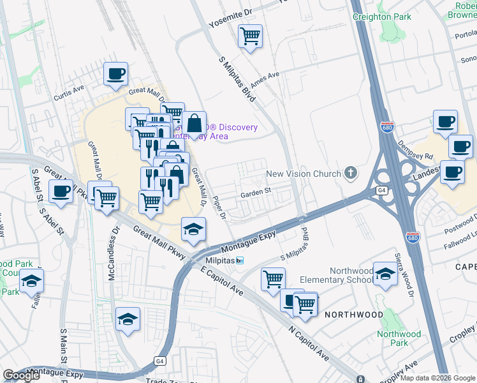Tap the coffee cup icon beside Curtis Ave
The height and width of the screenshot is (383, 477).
(x=116, y=73)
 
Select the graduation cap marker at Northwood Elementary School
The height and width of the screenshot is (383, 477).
(x=385, y=274)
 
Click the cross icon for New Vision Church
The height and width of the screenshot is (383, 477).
(x=350, y=172)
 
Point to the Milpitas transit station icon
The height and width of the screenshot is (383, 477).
(x=240, y=260)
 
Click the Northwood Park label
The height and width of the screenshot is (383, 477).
(x=399, y=338)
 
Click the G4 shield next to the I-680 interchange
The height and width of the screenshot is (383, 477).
(x=381, y=190)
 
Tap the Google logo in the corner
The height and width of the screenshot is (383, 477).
(x=21, y=375)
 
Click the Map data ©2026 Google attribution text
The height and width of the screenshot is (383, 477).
(x=437, y=378)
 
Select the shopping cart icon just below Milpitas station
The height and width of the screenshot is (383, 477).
(x=273, y=278)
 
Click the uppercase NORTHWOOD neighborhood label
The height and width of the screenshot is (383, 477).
(x=354, y=315)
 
